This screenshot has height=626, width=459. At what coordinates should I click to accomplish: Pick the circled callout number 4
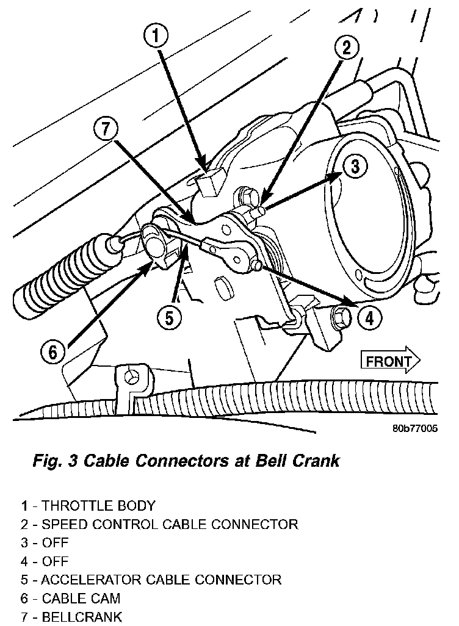click(x=368, y=317)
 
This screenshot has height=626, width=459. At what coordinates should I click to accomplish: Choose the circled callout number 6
click(x=52, y=352)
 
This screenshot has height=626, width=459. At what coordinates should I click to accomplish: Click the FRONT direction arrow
click(x=390, y=361)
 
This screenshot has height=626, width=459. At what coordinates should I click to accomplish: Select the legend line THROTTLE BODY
click(x=88, y=506)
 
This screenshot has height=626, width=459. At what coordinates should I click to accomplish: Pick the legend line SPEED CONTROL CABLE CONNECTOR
click(x=159, y=524)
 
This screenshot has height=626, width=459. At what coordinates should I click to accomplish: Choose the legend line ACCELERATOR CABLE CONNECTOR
click(x=151, y=579)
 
